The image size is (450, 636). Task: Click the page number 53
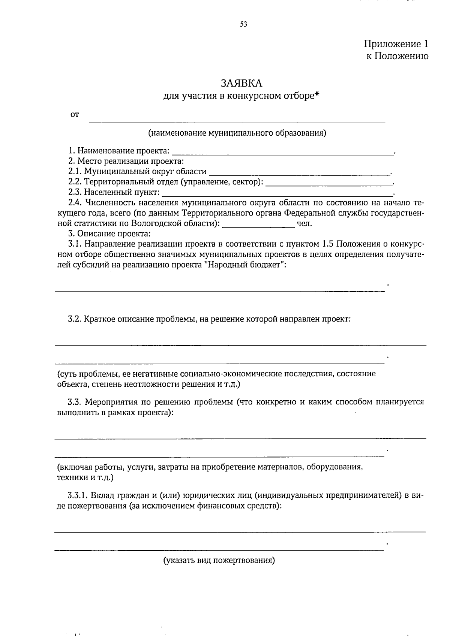[x=243, y=25]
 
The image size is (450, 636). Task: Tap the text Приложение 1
[x=396, y=44]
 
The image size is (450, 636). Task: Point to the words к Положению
[x=397, y=56]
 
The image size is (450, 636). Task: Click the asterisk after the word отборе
[x=316, y=95]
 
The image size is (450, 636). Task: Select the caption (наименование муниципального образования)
[x=237, y=133]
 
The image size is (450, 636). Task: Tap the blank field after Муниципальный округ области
[x=299, y=174]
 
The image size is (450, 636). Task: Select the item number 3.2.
[x=75, y=319]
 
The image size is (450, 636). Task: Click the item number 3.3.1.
[x=78, y=495]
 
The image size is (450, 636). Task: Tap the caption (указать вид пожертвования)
[x=219, y=561]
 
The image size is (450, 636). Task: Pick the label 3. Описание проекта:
[x=109, y=234]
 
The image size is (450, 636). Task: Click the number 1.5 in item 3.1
[x=328, y=244]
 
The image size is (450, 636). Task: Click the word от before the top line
[x=75, y=115]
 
